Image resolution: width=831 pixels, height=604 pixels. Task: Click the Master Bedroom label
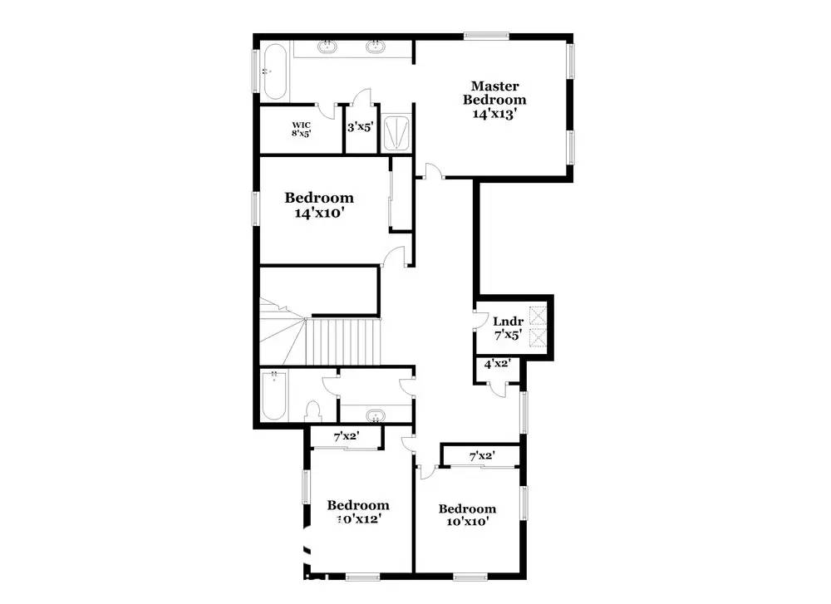(x=495, y=100)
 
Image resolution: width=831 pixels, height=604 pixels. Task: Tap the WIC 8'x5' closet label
(x=301, y=129)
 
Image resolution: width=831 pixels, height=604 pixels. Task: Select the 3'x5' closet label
(x=361, y=128)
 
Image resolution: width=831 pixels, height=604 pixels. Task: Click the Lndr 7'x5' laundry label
(x=506, y=328)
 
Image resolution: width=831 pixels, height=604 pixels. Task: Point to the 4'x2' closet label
(x=497, y=363)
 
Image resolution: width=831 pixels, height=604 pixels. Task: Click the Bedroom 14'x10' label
(x=319, y=204)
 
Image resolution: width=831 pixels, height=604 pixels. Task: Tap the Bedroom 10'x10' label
(x=467, y=515)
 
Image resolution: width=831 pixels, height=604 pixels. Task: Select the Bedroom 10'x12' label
(x=357, y=512)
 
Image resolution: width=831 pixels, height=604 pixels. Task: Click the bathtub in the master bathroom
(x=273, y=71)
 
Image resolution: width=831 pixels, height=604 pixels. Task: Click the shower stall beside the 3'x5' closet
(x=396, y=130)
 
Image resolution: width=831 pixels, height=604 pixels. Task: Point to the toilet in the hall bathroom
(x=313, y=411)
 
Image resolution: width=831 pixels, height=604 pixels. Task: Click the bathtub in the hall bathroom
(x=272, y=397)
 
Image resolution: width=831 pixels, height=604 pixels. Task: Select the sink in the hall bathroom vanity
(x=375, y=415)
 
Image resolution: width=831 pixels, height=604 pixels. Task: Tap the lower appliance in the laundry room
(x=538, y=338)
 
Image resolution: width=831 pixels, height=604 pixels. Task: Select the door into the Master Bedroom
(x=432, y=171)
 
